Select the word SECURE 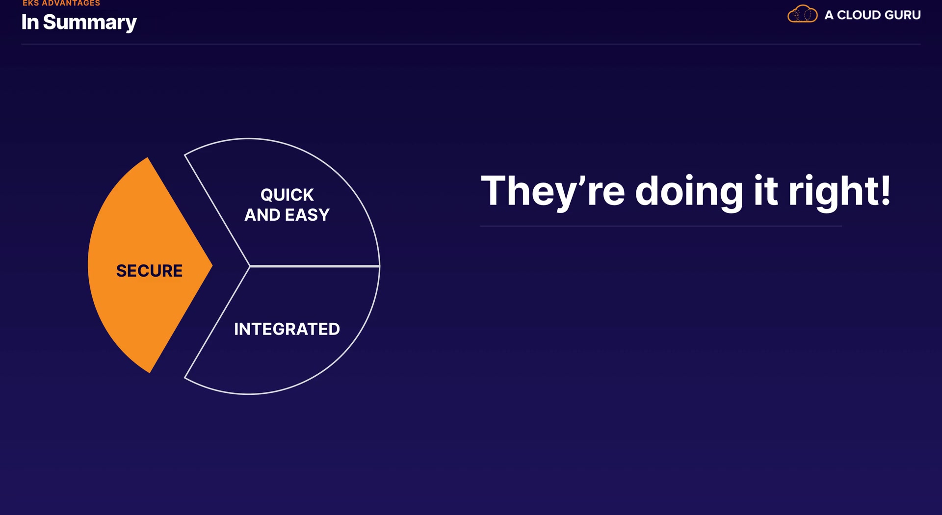pyautogui.click(x=149, y=271)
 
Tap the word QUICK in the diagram pyautogui.click(x=287, y=195)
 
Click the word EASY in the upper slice pyautogui.click(x=308, y=215)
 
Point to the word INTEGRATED pyautogui.click(x=287, y=329)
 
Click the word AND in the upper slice pyautogui.click(x=262, y=215)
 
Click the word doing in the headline pyautogui.click(x=689, y=192)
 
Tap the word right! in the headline pyautogui.click(x=839, y=192)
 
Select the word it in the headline pyautogui.click(x=766, y=190)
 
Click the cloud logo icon pyautogui.click(x=802, y=14)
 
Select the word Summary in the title pyautogui.click(x=90, y=23)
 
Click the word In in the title pyautogui.click(x=30, y=22)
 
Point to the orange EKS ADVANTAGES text pyautogui.click(x=61, y=3)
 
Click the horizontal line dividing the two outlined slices pyautogui.click(x=314, y=266)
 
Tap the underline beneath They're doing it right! pyautogui.click(x=661, y=226)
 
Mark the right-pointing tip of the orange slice pyautogui.click(x=212, y=265)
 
